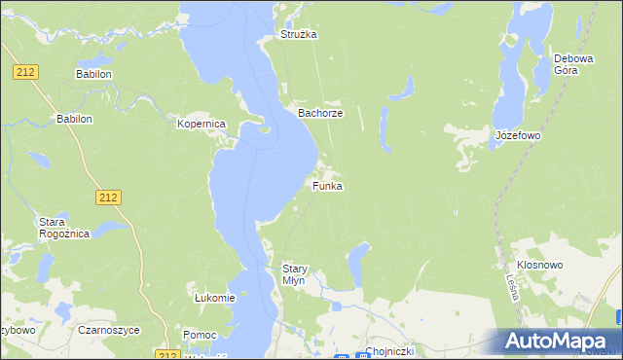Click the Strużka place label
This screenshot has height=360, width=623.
point(299,34)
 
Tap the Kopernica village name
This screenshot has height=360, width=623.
point(202,125)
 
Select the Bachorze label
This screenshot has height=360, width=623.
point(319,113)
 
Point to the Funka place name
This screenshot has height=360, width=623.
point(327,186)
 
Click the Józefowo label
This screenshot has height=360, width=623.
point(517,135)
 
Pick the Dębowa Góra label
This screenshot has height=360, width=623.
point(572,64)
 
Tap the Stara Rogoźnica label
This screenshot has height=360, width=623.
point(63,228)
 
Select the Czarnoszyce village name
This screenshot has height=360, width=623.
point(109,330)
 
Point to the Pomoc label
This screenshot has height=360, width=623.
point(199,335)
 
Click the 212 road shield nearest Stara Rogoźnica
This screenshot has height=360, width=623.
point(109,198)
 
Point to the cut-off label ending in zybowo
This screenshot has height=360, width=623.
point(18,330)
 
